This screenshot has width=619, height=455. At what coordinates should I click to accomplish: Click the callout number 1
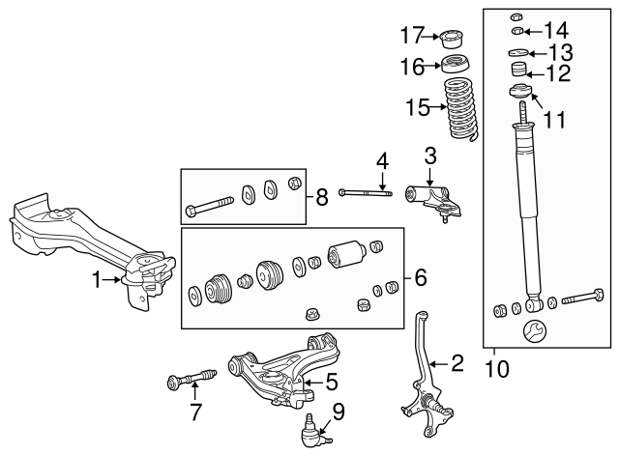97,281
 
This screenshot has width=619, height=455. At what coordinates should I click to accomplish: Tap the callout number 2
457,363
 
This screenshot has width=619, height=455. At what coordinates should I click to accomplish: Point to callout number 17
411,37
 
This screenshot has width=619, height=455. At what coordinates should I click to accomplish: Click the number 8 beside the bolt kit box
322,199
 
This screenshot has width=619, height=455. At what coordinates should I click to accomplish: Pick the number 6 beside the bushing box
421,278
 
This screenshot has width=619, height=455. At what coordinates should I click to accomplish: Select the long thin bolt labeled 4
366,193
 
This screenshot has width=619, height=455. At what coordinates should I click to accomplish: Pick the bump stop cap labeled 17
452,41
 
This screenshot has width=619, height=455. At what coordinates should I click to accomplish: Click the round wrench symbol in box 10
533,333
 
